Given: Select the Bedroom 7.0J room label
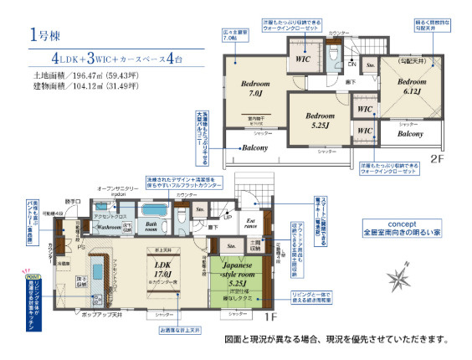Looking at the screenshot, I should [x=254, y=89].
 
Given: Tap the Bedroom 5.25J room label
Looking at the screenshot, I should [x=320, y=120].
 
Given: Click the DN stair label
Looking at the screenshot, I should [x=352, y=64].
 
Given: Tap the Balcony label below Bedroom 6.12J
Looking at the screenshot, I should [x=409, y=134].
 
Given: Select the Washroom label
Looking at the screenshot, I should [x=110, y=226].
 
